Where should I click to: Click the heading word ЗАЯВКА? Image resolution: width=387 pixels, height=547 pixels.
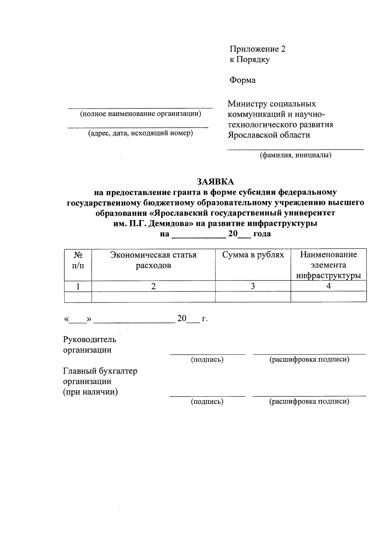click(215, 181)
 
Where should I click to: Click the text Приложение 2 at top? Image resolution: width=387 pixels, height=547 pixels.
click(257, 49)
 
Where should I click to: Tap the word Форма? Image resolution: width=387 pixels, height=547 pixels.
click(243, 80)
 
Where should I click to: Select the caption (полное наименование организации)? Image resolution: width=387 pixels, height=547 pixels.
click(140, 113)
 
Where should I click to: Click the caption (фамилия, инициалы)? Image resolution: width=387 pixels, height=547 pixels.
click(296, 155)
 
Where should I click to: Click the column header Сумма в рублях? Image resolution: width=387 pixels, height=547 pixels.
click(253, 255)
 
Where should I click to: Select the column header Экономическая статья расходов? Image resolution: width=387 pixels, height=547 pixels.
click(153, 260)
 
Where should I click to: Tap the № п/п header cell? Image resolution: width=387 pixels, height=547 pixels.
click(78, 260)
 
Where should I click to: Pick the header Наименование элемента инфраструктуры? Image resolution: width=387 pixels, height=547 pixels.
click(328, 265)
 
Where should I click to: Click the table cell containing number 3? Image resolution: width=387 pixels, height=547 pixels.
click(253, 286)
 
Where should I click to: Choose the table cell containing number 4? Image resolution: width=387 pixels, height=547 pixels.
click(328, 286)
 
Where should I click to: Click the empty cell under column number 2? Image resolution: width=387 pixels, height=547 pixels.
click(153, 297)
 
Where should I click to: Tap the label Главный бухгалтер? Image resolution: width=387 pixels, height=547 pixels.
click(100, 371)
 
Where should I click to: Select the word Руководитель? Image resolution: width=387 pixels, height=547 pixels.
click(89, 339)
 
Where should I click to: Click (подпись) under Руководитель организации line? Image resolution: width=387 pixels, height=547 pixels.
click(207, 359)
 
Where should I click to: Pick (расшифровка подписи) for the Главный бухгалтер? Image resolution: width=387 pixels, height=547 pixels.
click(309, 401)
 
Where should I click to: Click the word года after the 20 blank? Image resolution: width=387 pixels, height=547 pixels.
click(262, 234)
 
